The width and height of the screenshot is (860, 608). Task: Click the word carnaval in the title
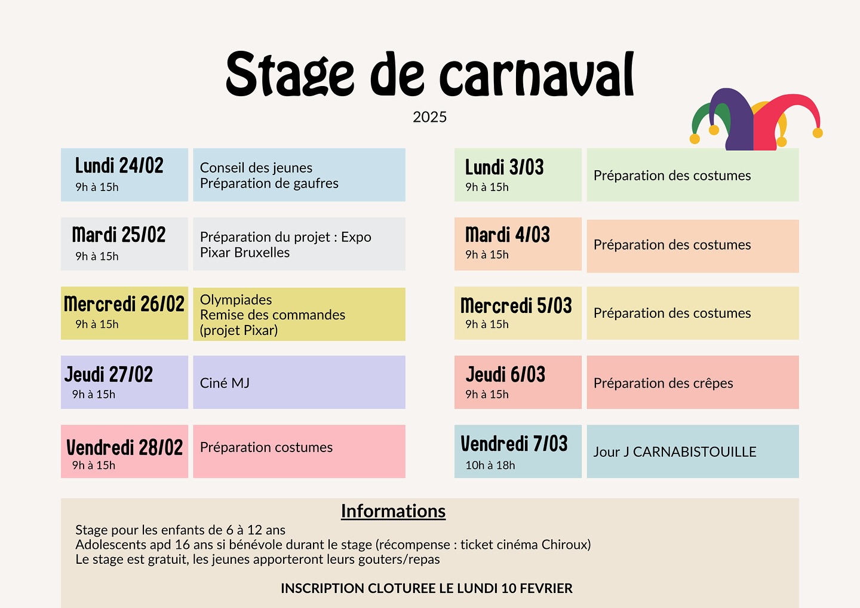coord(537,75)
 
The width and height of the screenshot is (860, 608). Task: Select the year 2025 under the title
coord(429,117)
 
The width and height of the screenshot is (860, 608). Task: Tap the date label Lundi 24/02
coord(119,165)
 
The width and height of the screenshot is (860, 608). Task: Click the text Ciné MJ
coord(225,383)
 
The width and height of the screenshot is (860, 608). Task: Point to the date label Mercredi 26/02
coord(124,304)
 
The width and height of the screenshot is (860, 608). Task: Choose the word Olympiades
coord(236,299)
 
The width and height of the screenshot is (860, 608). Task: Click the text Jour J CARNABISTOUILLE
coord(675,452)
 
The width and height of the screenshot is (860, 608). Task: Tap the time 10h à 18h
coord(490,465)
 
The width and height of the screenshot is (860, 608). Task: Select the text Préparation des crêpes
coord(663,383)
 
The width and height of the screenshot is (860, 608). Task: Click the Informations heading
coord(393,511)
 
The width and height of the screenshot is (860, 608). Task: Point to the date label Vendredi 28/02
coord(124,447)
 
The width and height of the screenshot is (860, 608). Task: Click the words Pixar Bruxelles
coord(245,253)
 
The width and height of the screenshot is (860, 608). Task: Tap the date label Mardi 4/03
coord(507,235)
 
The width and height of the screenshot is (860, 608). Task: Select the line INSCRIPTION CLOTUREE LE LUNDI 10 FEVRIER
coord(426,588)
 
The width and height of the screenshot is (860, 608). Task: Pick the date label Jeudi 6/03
coord(505,374)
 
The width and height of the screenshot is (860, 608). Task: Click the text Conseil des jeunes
coord(256,168)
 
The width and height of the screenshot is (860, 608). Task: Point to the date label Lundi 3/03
coord(505,167)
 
